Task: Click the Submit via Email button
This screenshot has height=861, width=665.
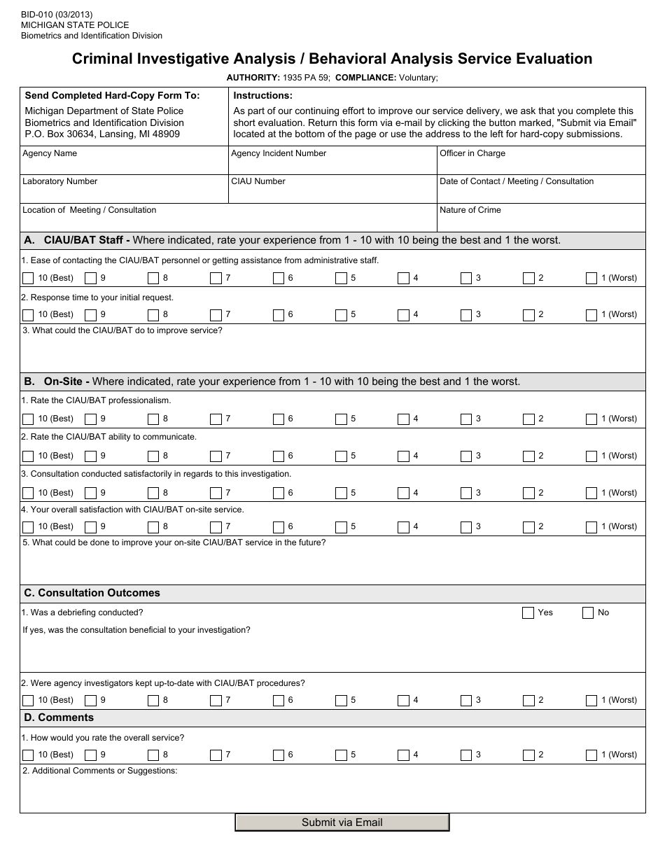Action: tap(342, 822)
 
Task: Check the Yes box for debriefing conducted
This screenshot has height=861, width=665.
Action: tap(528, 613)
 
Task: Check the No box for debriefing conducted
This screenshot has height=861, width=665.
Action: tap(588, 613)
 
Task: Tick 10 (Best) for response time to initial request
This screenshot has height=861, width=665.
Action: tap(28, 315)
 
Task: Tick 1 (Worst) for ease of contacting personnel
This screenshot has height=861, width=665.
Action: tap(591, 279)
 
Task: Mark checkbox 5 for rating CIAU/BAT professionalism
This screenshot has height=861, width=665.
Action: tap(341, 419)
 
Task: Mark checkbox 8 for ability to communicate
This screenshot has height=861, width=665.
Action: tap(153, 456)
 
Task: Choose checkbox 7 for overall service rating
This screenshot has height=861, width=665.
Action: tap(216, 755)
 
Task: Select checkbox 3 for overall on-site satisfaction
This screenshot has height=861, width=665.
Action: tap(466, 527)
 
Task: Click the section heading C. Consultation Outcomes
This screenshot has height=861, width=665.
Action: tap(92, 593)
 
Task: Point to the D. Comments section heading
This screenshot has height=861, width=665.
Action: tap(59, 717)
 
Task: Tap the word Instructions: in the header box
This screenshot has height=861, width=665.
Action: tap(262, 96)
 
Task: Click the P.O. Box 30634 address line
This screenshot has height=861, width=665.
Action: tap(102, 133)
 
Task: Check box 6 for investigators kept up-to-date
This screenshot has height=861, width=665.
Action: tap(279, 701)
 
